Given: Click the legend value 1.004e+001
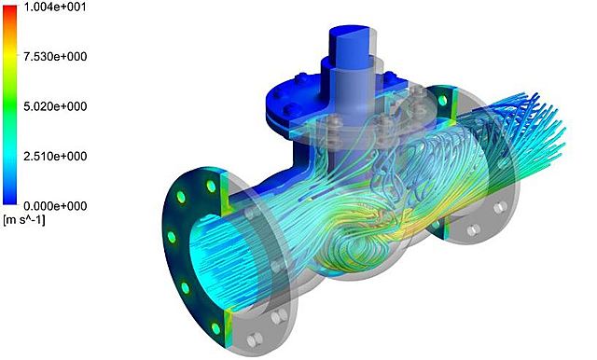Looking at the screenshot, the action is click(55, 7).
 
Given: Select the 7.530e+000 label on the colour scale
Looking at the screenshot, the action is click(55, 56).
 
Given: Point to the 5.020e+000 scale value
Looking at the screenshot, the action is click(55, 106).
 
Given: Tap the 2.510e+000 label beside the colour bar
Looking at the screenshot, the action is click(55, 156).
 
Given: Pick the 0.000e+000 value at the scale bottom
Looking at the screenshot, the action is click(55, 206).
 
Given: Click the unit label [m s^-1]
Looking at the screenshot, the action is click(24, 220).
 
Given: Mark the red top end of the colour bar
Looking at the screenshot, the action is click(10, 9).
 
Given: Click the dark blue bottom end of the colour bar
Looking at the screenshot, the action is click(10, 201).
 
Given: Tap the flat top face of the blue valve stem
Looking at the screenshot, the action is click(349, 31).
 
